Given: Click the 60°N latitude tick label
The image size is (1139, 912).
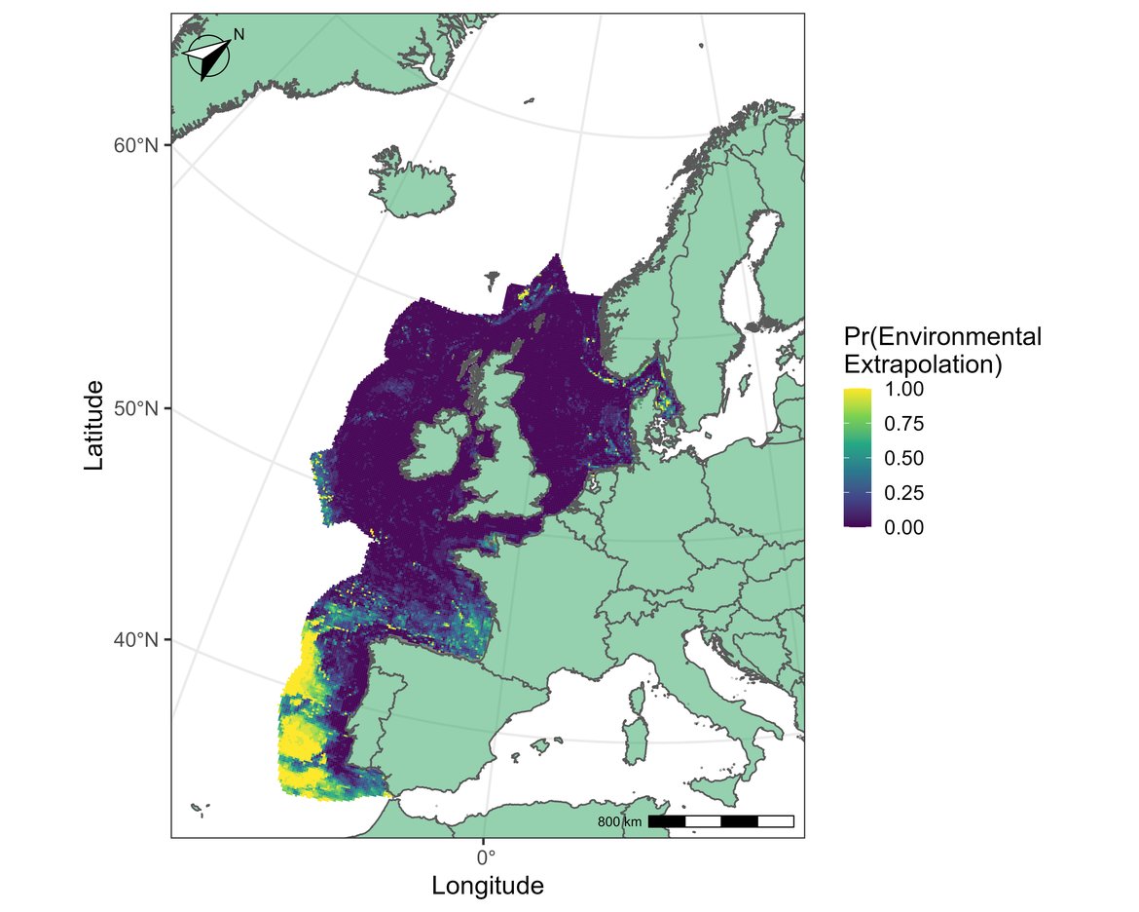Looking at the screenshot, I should coord(135,145).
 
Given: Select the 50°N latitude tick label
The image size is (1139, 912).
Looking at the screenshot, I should coord(135,408).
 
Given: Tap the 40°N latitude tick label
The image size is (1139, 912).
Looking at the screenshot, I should coord(135,640).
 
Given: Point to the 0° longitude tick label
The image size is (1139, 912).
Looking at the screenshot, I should coord(485,857).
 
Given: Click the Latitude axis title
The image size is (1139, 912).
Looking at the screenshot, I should coord(94,425).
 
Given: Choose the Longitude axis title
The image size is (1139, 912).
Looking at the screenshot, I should coord(487,887).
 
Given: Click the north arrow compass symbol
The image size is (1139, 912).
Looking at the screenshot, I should coord(207,57).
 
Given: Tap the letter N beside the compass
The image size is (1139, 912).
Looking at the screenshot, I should coord(239,34).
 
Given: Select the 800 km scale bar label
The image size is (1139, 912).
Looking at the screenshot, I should coord(619,822).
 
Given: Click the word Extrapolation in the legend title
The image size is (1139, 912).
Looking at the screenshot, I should coord(923,364).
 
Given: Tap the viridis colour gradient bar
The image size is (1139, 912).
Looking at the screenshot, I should coord(858,458).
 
